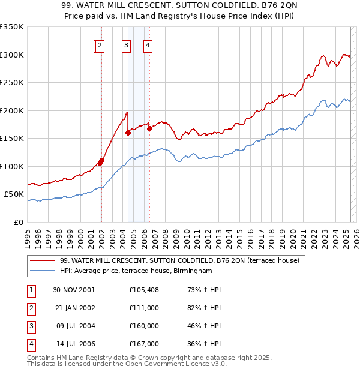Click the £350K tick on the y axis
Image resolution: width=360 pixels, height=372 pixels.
click(12, 27)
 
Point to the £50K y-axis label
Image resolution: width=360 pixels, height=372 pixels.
click(14, 194)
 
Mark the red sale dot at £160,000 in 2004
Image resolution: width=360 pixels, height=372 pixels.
click(128, 133)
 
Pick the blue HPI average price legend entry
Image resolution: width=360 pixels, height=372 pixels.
click(136, 271)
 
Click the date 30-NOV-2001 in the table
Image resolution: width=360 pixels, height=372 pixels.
click(74, 290)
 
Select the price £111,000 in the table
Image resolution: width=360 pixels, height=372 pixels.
click(144, 308)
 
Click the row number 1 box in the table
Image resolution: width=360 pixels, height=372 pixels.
click(31, 290)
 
